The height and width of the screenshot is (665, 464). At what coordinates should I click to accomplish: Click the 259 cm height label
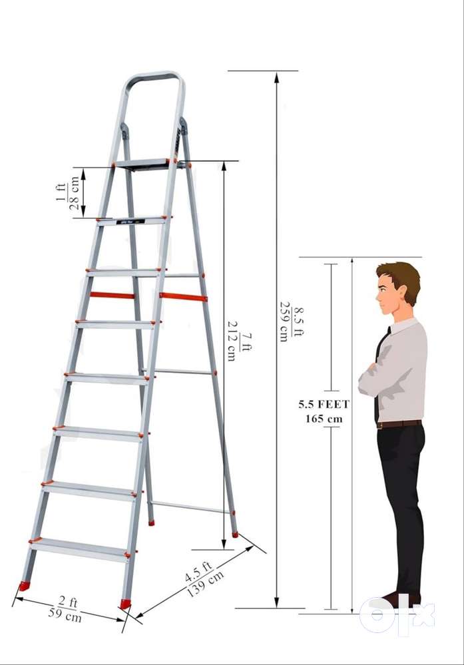pyautogui.click(x=284, y=321)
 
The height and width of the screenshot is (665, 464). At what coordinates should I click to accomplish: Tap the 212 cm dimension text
pyautogui.click(x=232, y=341)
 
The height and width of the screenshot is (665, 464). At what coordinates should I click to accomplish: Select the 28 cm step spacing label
pyautogui.click(x=75, y=193)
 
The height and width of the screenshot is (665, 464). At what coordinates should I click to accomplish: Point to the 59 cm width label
pyautogui.click(x=65, y=615)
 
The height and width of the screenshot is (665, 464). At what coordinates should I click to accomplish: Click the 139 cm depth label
pyautogui.click(x=205, y=584)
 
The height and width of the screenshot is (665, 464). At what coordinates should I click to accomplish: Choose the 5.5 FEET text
pyautogui.click(x=324, y=404)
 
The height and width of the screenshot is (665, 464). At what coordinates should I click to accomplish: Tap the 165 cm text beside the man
pyautogui.click(x=324, y=419)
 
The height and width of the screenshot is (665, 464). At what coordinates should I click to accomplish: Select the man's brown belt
pyautogui.click(x=399, y=423)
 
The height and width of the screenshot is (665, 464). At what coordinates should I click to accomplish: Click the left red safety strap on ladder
pyautogui.click(x=113, y=295)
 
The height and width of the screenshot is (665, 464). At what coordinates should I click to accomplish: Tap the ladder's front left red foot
pyautogui.click(x=25, y=586)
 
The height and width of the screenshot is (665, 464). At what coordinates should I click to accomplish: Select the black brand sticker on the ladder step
pyautogui.click(x=130, y=222)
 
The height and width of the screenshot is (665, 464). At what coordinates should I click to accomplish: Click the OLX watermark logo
pyautogui.click(x=397, y=614)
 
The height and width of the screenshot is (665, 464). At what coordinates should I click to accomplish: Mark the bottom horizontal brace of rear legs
pyautogui.click(x=191, y=507)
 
